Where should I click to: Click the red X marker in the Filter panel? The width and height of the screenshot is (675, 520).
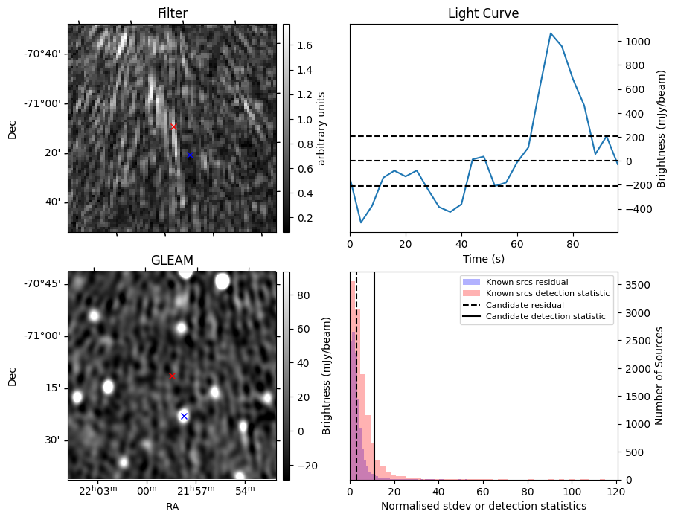174,126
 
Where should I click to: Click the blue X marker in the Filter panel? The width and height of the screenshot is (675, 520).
190,155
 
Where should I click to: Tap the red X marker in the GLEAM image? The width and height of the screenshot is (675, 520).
173,376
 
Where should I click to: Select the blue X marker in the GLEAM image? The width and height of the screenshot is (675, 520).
184,416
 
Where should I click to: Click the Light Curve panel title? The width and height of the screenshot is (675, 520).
483,14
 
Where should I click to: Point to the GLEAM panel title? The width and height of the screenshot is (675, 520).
172,260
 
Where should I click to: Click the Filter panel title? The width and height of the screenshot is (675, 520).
172,14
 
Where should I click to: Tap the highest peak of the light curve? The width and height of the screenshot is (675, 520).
551,33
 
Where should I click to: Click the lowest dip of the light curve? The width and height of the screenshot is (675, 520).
361,222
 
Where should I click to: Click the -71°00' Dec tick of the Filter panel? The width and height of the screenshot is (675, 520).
47,103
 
